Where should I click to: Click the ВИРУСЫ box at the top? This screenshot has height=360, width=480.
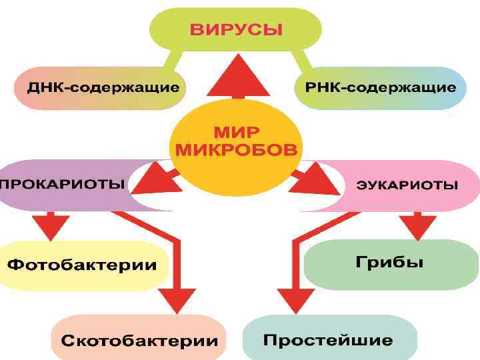click(236, 30)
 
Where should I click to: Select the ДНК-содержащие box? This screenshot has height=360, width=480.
click(100, 88)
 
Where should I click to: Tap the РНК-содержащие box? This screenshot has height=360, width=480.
click(381, 88)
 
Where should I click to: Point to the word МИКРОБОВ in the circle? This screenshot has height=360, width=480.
click(236, 149)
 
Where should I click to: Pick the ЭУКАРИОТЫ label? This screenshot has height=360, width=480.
click(407, 185)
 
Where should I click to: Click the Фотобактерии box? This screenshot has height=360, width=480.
click(83, 265)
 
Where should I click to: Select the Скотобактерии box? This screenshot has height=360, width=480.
click(139, 340)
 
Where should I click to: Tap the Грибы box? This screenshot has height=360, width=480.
click(389, 261)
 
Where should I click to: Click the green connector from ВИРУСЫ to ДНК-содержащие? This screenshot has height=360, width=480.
click(169, 63)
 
